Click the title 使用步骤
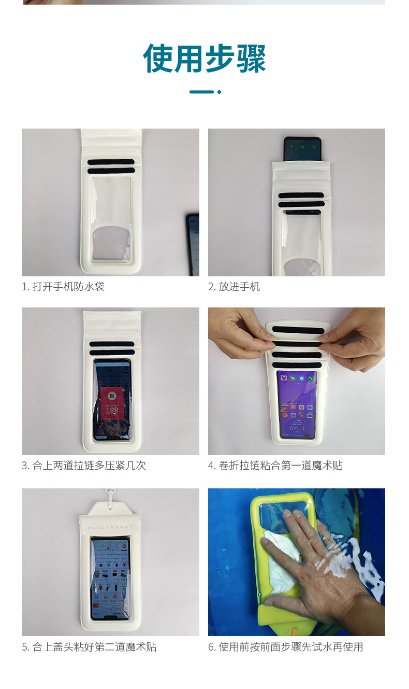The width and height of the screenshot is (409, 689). pyautogui.click(x=204, y=59)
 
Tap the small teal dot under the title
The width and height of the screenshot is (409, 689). pyautogui.click(x=219, y=92)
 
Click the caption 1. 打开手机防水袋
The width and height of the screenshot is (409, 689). pyautogui.click(x=63, y=286)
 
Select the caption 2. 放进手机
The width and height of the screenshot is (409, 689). pyautogui.click(x=234, y=286)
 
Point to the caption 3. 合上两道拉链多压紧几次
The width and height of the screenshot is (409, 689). pyautogui.click(x=84, y=466)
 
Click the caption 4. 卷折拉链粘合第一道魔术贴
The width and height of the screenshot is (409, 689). pyautogui.click(x=275, y=466)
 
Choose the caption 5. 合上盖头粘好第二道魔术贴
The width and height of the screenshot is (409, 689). pyautogui.click(x=89, y=647)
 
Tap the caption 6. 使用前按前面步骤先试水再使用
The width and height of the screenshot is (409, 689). pyautogui.click(x=286, y=647)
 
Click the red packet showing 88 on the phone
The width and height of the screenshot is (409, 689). pyautogui.click(x=112, y=403)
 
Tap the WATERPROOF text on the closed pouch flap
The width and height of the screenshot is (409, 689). pyautogui.click(x=110, y=528)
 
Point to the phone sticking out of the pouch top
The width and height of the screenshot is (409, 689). pyautogui.click(x=302, y=149)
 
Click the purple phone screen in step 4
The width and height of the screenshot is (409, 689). pyautogui.click(x=297, y=405)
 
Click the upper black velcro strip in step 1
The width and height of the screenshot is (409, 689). pyautogui.click(x=111, y=162)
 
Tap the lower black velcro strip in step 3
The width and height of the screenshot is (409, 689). pyautogui.click(x=112, y=353)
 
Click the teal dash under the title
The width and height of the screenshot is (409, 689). pyautogui.click(x=201, y=92)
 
